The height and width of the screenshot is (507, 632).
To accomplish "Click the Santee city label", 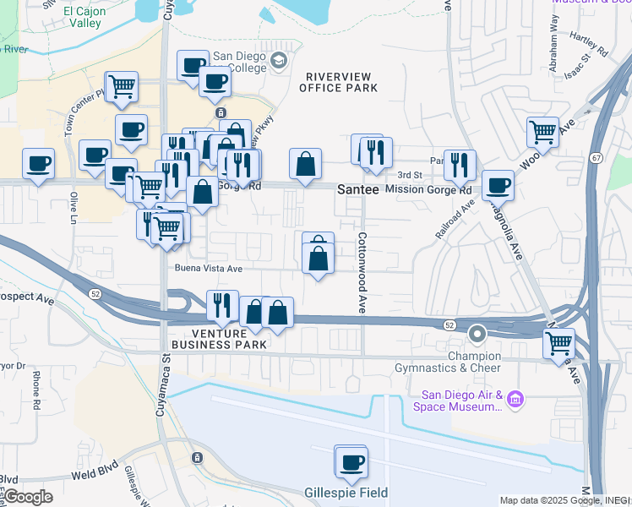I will click(x=357, y=190).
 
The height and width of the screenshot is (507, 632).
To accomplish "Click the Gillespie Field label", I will click(x=346, y=493).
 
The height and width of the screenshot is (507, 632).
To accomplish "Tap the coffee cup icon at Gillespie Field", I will click(x=351, y=461).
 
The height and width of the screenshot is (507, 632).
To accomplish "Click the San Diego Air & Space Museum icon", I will click(x=516, y=397).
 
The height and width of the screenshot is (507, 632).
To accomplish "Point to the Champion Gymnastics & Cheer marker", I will click(x=477, y=334).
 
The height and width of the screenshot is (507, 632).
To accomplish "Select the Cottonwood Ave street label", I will click(x=362, y=273).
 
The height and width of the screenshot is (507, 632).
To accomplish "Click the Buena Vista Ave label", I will click(x=209, y=269).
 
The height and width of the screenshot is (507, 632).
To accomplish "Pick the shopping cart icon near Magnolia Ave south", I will click(x=558, y=343).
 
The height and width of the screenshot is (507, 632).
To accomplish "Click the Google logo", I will click(x=27, y=497).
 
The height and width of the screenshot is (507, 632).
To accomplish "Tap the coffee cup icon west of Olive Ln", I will click(x=37, y=163).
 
